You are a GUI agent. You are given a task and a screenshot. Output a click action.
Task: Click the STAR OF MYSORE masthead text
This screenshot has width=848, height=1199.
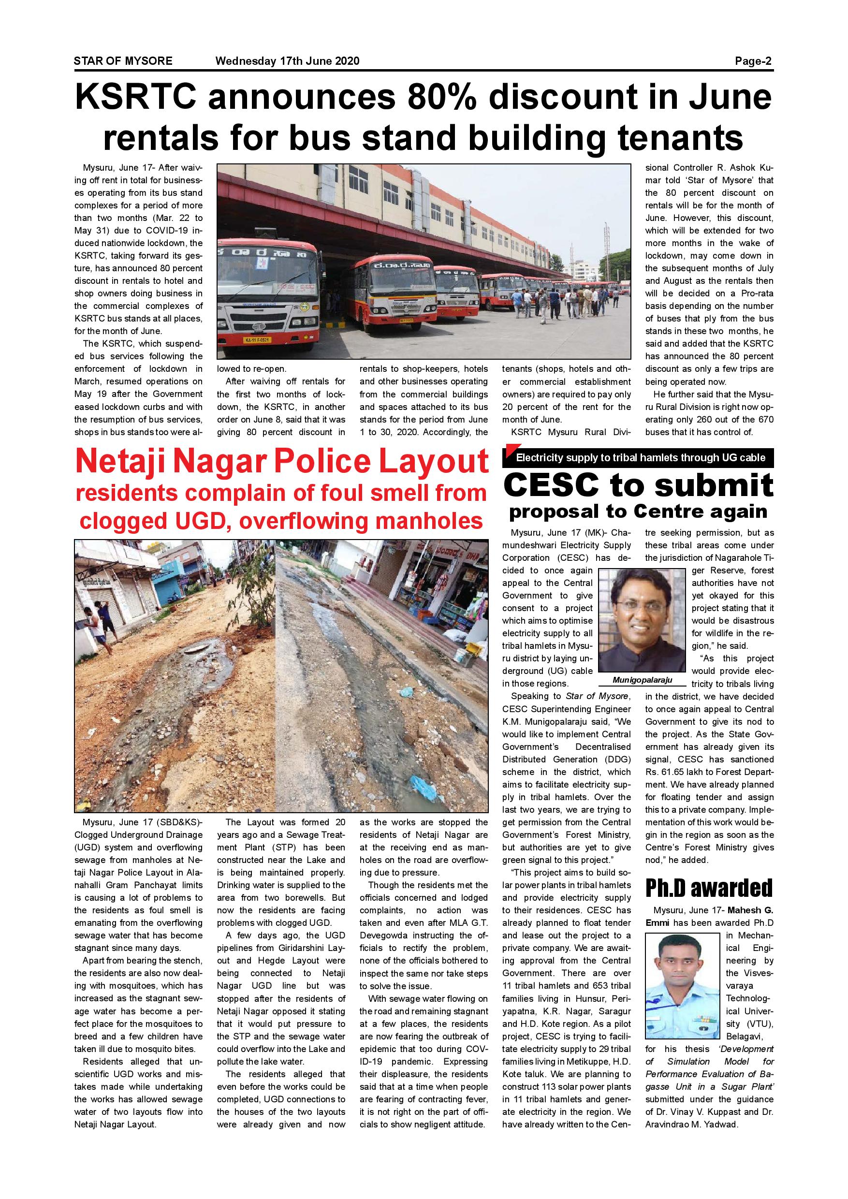coord(123,61)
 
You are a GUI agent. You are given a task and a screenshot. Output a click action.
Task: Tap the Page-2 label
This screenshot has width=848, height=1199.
coord(753,61)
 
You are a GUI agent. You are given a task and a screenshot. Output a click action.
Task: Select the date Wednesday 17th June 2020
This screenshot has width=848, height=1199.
coord(287,61)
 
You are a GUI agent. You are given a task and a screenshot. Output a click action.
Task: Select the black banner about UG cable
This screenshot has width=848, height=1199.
coord(638,457)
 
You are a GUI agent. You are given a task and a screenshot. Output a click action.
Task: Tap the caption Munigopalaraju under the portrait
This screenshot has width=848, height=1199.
coord(642,680)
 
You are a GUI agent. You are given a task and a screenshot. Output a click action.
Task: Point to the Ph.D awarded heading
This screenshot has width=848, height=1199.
coord(709,887)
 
